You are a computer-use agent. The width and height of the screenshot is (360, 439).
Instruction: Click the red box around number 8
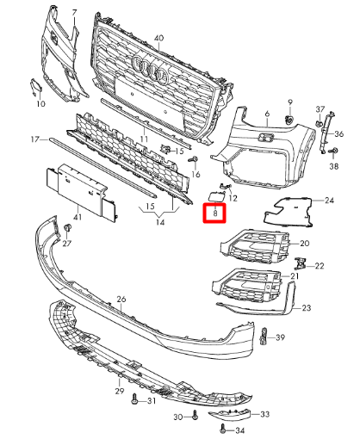point(214,213)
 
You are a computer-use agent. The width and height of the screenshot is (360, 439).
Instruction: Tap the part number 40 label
point(158,38)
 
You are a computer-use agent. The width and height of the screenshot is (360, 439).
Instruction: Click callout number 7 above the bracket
point(75,13)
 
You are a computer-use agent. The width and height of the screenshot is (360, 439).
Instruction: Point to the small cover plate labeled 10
point(35,87)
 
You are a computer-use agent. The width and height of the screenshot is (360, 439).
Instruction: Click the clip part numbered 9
point(289,119)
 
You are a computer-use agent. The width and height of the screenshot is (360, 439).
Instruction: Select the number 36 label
point(338,134)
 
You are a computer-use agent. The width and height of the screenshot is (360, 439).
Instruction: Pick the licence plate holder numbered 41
point(81,192)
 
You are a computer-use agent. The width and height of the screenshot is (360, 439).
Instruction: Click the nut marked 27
point(67,228)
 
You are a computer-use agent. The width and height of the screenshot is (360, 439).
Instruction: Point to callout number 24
point(329,200)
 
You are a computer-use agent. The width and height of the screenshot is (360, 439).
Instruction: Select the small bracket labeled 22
point(300,263)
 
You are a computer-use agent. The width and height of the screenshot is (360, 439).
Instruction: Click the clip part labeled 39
point(263,336)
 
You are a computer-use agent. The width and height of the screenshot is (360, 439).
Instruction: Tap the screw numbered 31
point(134,399)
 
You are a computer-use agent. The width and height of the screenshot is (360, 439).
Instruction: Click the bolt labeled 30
point(195,415)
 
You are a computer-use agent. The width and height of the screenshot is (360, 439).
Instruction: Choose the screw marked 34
point(222,429)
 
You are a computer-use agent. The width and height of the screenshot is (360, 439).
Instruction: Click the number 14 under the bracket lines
point(160,222)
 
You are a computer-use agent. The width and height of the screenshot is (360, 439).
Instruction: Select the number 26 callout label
point(121,299)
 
